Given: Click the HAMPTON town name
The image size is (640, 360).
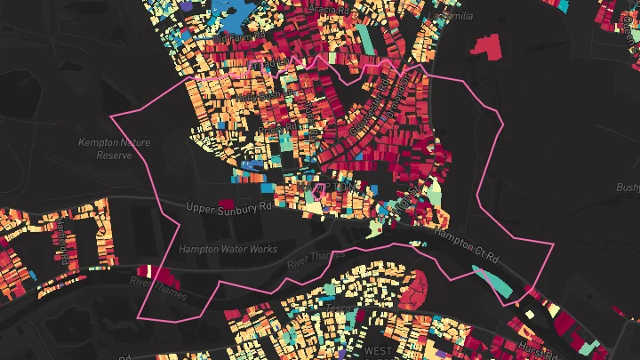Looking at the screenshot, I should click(331, 188).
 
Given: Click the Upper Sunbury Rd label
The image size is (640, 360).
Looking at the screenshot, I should click(228, 207).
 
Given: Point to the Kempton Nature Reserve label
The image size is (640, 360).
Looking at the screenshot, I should click(114, 148).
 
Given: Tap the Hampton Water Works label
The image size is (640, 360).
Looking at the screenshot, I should click(228, 250).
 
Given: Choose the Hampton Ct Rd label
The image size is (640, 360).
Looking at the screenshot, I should click(467, 245).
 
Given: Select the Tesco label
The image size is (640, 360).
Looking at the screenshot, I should click(339, 308).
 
